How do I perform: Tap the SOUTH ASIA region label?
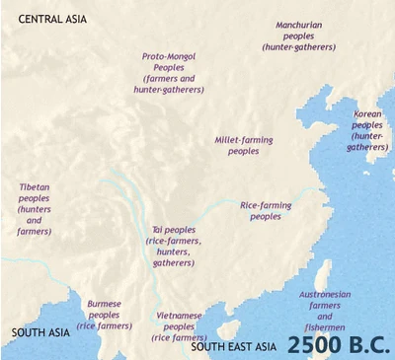click(40, 332)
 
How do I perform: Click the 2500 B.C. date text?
click(339, 344)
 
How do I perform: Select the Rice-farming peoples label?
click(266, 210)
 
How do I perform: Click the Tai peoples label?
click(174, 245)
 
